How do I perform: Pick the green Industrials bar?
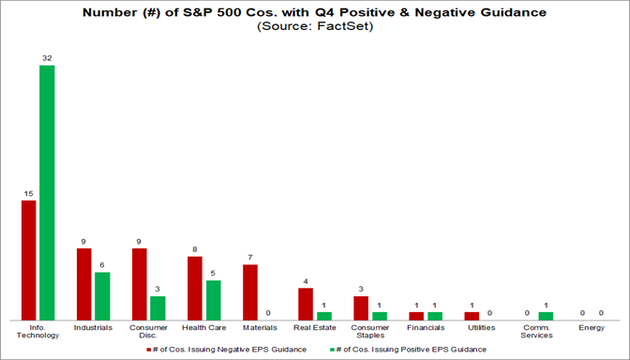tap(102, 295)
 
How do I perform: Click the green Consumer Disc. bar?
tap(157, 307)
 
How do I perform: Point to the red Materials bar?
tap(250, 292)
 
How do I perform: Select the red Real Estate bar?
tap(306, 304)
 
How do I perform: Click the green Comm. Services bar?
tap(545, 316)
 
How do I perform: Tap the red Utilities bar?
tap(472, 316)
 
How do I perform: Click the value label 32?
tap(46, 58)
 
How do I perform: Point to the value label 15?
tap(28, 193)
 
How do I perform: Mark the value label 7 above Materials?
tap(250, 257)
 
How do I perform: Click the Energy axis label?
tap(591, 328)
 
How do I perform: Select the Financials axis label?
tap(425, 328)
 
